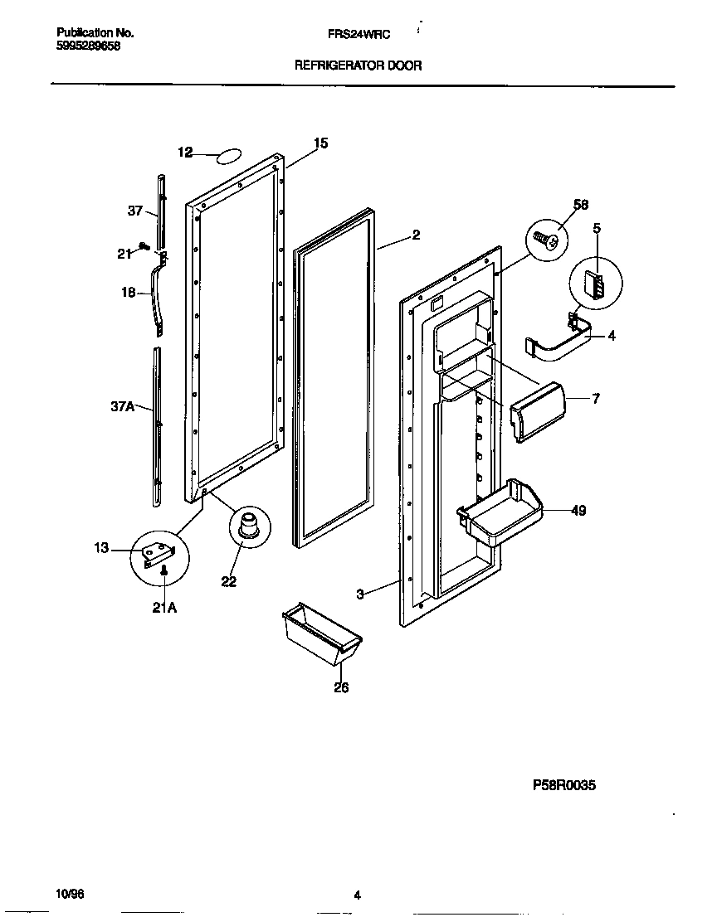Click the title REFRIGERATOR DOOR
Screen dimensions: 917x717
(358, 65)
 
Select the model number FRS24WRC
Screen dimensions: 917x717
(358, 34)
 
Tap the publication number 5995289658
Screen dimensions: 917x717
(89, 46)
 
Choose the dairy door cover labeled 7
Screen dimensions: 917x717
(537, 412)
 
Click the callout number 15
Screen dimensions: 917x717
(320, 143)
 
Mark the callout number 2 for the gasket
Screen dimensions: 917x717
(416, 235)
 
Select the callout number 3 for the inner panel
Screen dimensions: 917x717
(360, 594)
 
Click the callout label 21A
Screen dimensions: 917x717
(163, 608)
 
